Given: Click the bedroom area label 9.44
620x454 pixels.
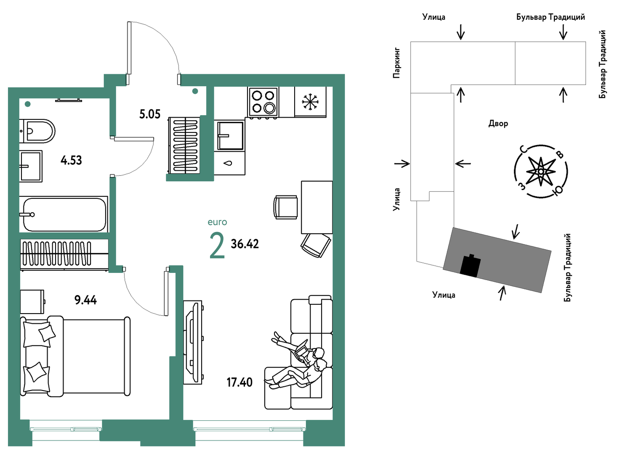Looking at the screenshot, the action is [85, 300].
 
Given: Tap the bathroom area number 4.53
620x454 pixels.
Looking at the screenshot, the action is [71, 160].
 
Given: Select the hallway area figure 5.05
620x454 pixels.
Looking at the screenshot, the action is [150, 114].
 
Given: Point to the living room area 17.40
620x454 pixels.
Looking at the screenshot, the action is [239, 383].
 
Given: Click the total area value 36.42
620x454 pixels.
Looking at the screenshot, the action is [245, 244].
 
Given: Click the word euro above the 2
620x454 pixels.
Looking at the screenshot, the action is [217, 222].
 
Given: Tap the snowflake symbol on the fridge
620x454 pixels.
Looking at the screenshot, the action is [310, 102].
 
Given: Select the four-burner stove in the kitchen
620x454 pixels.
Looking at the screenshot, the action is [263, 102].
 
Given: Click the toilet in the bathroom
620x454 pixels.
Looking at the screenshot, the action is [37, 131].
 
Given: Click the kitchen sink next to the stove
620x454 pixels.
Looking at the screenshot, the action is [231, 135].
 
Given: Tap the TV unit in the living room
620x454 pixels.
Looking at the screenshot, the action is [193, 342].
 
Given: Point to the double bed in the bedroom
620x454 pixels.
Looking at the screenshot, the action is [75, 356].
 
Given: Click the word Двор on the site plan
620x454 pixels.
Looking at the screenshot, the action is [498, 123].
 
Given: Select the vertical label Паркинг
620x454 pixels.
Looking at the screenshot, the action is [396, 63].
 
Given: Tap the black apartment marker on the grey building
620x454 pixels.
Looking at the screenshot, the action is [470, 265].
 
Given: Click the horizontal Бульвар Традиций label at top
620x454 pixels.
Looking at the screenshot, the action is [551, 17].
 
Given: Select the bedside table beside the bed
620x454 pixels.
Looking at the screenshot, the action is [32, 302].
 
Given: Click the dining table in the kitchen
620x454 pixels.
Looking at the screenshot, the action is [317, 207].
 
